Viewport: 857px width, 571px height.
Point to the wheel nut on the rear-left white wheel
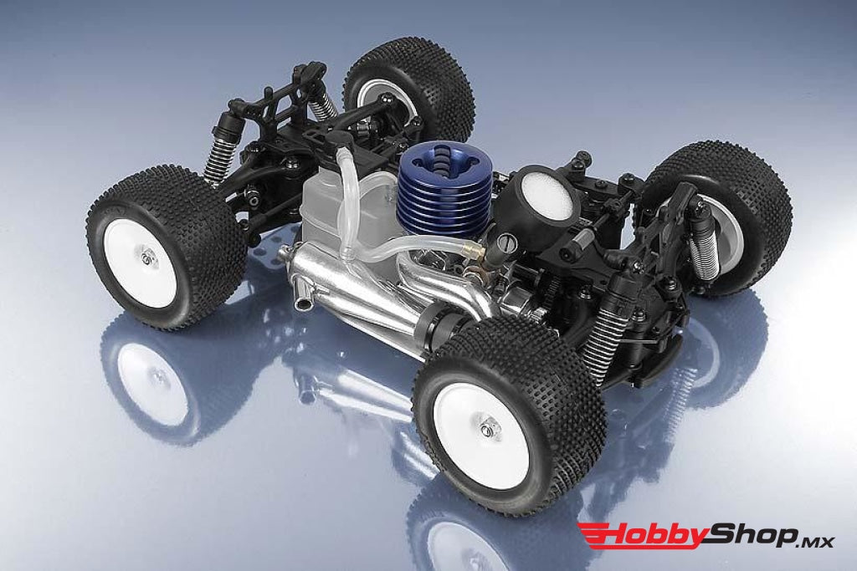(146, 257)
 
